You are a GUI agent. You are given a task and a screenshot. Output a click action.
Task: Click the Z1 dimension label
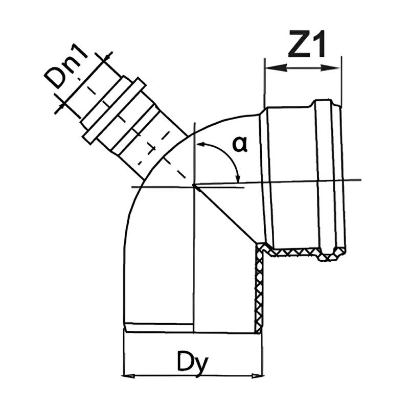coord(307,44)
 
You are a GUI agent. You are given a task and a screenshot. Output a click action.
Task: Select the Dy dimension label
coord(193,362)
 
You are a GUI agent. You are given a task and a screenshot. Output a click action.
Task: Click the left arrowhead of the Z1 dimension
coord(276,68)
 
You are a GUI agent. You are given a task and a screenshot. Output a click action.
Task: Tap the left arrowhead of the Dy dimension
coord(129,376)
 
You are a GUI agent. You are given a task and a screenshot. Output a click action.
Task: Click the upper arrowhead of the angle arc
coord(201,144)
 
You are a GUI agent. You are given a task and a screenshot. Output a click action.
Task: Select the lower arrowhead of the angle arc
coord(238,177)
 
